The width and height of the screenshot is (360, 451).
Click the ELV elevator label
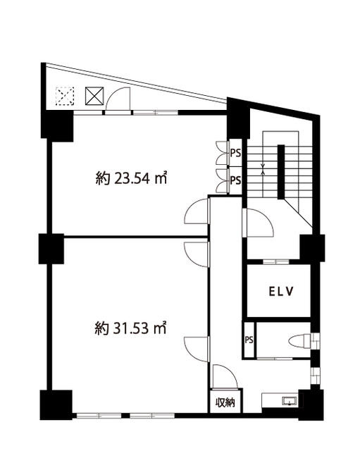[281, 292]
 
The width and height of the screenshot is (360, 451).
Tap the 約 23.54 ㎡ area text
[131, 178]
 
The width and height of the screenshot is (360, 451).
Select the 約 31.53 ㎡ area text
[131, 328]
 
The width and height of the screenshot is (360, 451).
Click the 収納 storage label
[225, 402]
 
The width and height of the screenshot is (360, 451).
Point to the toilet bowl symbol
[299, 341]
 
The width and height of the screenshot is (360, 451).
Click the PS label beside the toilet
[249, 340]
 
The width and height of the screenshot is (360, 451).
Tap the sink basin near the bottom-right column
[290, 401]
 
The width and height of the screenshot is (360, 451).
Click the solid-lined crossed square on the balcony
[94, 96]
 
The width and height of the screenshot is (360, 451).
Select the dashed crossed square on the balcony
[65, 96]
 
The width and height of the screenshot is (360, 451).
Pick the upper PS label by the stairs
[235, 153]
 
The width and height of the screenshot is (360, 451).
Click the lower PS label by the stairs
[235, 180]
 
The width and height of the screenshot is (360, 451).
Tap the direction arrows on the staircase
[263, 169]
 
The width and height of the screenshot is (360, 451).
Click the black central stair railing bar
[281, 172]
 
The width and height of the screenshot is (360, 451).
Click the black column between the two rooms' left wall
[51, 249]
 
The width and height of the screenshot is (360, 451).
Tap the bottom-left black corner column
[56, 405]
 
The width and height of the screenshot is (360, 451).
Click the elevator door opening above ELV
[276, 261]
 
